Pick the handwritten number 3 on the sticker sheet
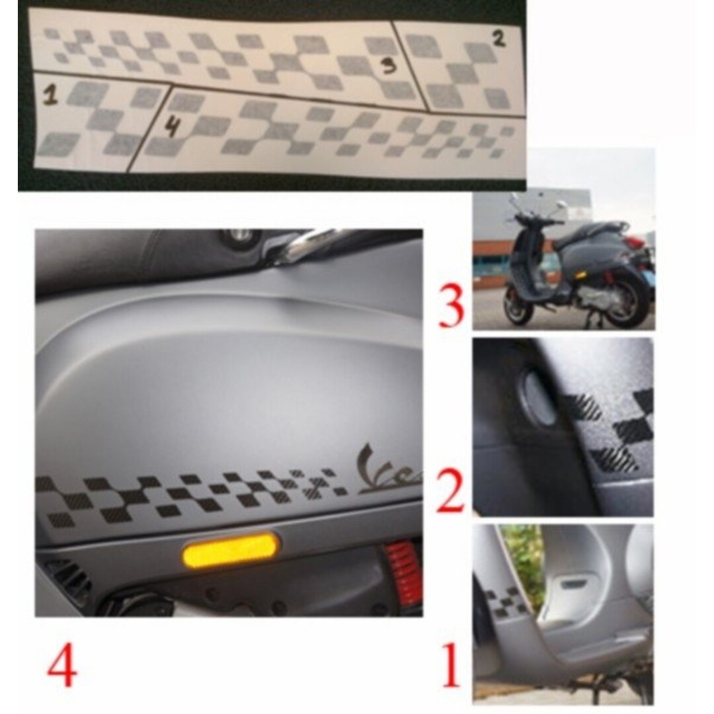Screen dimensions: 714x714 [389, 66]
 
